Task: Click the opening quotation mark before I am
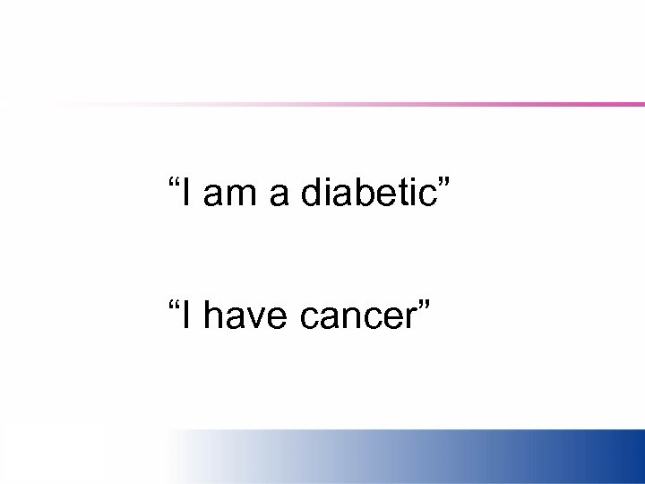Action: tap(173, 183)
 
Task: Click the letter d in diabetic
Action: tap(312, 193)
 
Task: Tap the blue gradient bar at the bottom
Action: tap(448, 456)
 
